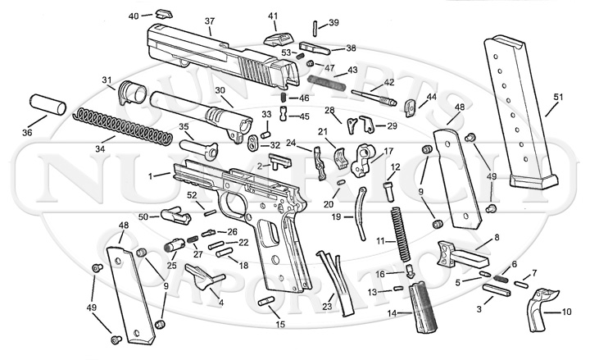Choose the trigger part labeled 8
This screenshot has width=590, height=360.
454,253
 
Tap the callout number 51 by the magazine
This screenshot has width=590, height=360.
559,98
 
